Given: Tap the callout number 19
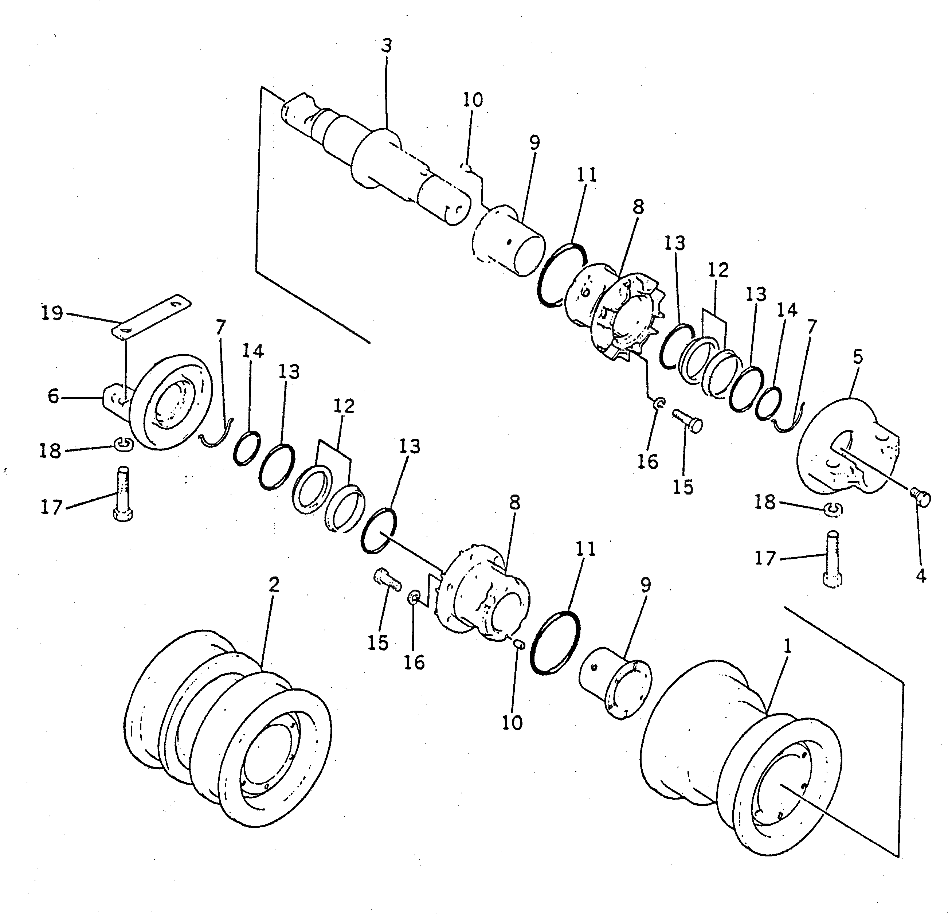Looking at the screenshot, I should tap(52, 313).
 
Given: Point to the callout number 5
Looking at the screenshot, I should tap(858, 357).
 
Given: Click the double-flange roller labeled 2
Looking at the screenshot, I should tap(227, 728).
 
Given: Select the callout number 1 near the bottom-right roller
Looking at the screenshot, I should tap(787, 647).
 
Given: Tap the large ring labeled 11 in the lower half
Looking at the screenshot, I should tap(555, 642).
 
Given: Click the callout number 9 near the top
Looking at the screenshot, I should tap(534, 143).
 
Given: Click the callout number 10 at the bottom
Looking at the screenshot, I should tap(512, 722).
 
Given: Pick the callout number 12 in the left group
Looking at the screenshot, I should tap(344, 406).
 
